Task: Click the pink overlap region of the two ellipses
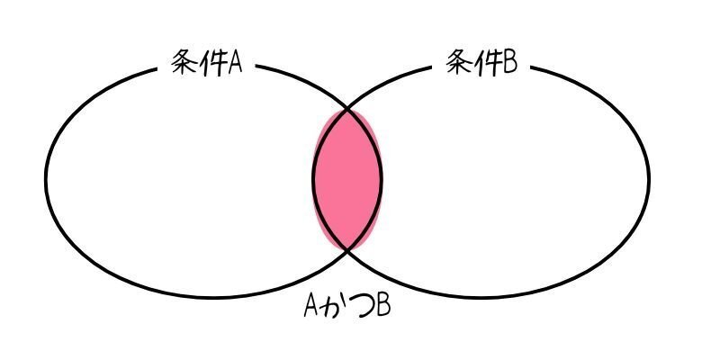point(347,179)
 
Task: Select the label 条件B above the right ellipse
point(483,62)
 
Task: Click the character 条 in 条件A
point(184,64)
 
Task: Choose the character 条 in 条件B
point(460,62)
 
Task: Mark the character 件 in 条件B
point(488,62)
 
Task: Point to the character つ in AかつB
point(359,308)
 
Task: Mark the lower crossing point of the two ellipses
point(348,249)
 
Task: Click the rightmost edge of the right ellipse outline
point(648,175)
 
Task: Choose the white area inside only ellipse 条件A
point(180,180)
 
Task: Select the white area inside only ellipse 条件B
point(513,180)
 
